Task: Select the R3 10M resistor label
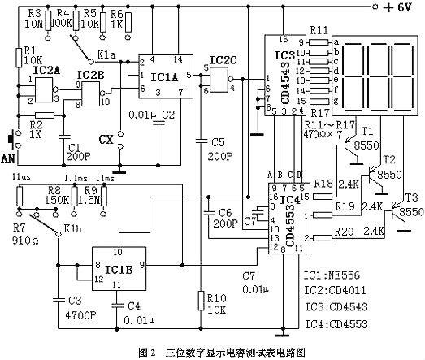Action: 33,18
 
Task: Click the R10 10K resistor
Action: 202,301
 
